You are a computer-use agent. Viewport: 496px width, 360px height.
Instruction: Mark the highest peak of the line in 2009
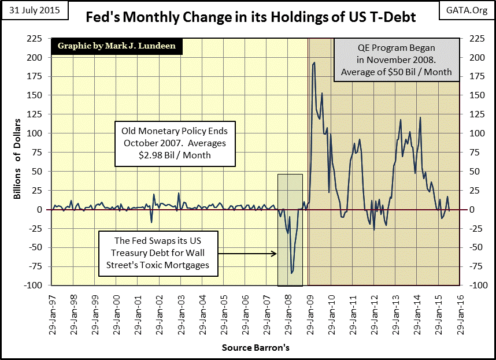(313, 62)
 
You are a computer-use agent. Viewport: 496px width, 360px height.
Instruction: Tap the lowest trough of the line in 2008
(291, 273)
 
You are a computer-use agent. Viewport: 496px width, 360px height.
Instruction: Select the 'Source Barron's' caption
(255, 348)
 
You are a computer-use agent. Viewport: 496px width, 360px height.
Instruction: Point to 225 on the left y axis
(35, 39)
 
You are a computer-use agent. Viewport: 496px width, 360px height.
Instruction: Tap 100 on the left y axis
(35, 133)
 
